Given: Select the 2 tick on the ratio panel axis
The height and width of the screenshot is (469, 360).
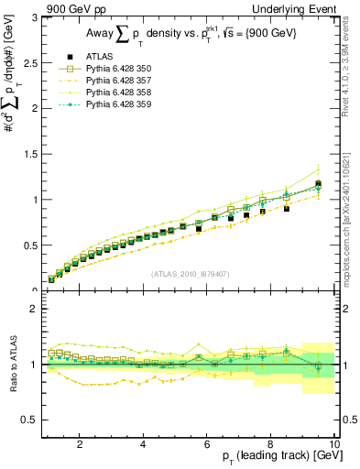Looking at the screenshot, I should pos(34,309).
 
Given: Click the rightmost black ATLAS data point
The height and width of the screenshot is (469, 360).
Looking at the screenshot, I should pos(318,184).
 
